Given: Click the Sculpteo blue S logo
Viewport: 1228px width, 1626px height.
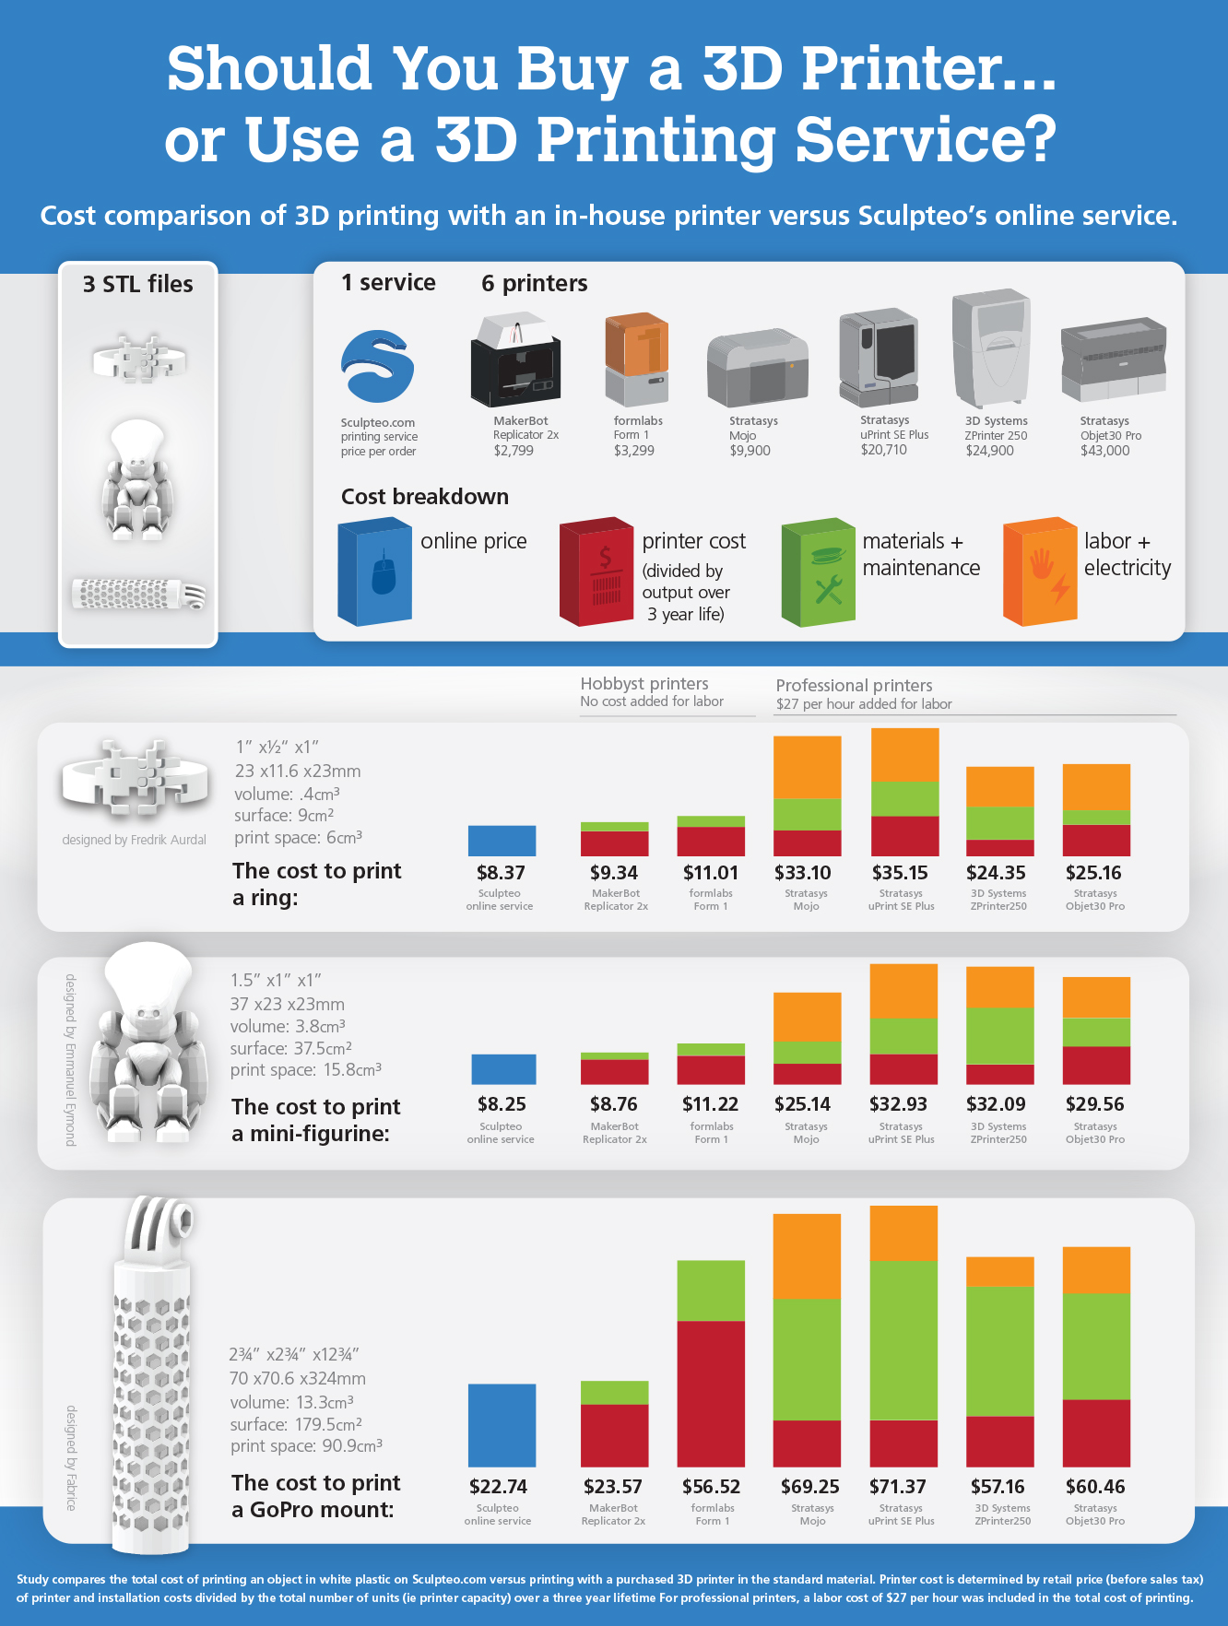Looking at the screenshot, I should point(377,366).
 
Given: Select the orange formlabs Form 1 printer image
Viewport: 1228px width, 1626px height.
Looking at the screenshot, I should point(636,358).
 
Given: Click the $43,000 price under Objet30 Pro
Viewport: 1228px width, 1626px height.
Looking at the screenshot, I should point(1104,451).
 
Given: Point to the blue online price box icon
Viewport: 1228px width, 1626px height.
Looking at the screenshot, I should point(374,572).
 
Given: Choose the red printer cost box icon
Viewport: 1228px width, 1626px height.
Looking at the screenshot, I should point(596,572).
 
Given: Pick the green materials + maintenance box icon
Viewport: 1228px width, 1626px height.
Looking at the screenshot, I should point(819,572).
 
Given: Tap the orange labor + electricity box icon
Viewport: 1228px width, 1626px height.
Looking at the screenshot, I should point(1040,572).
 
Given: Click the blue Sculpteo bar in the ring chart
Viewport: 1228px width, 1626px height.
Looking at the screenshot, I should point(502,841).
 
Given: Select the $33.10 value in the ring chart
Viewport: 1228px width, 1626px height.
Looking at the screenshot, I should point(803,873).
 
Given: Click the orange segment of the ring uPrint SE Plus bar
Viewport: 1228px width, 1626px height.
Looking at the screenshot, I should point(904,755).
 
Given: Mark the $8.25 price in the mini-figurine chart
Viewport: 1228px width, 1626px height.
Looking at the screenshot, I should point(502,1104).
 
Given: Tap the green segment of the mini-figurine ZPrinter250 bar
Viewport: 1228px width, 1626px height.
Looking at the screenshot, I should point(999,1036).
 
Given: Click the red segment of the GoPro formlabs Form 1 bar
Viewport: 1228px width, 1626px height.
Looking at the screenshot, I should point(711,1393).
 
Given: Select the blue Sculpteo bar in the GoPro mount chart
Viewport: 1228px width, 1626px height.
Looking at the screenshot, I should point(502,1425).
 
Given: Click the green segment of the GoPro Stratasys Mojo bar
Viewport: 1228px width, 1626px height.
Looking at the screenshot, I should point(807,1360).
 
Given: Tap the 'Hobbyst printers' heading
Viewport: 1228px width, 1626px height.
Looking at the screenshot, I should point(644,684).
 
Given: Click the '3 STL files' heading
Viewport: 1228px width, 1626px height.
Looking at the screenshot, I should point(138,284).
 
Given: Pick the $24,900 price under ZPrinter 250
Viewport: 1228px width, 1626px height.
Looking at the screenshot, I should point(989,451).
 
